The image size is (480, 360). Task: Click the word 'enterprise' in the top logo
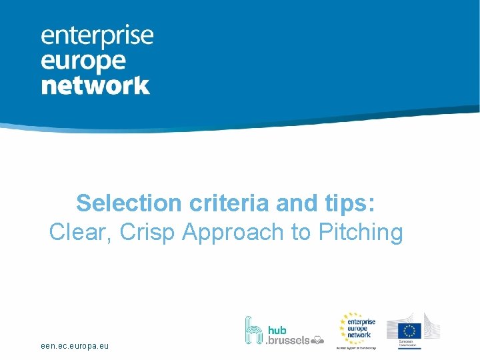97,37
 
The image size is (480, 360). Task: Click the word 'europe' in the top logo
83,61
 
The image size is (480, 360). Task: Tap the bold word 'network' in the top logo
95,85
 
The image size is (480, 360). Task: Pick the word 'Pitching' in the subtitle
362,233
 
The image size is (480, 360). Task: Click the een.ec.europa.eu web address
74,346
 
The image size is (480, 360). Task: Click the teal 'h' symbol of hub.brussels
254,330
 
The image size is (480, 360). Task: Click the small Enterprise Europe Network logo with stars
357,329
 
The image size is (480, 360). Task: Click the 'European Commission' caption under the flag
407,344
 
